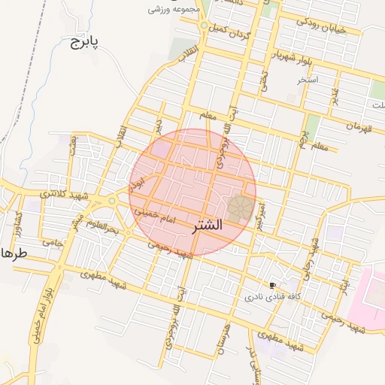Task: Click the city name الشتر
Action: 202,225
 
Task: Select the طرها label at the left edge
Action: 14,253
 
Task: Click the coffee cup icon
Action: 272,285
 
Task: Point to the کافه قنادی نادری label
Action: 271,297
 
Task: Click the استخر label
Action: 308,79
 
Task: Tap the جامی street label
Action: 53,242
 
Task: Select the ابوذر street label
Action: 137,178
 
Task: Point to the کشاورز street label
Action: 20,222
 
